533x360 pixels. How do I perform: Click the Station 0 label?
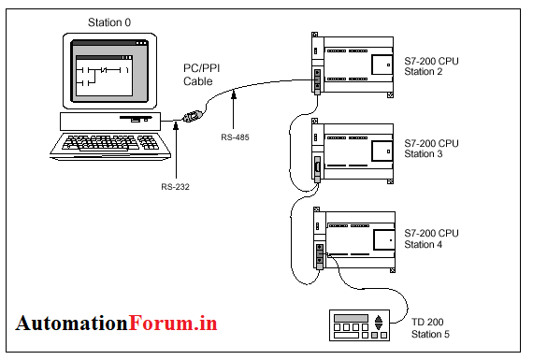tap(110, 21)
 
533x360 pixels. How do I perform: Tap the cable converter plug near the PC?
tap(192, 119)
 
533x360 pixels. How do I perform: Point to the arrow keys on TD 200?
tap(379, 324)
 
